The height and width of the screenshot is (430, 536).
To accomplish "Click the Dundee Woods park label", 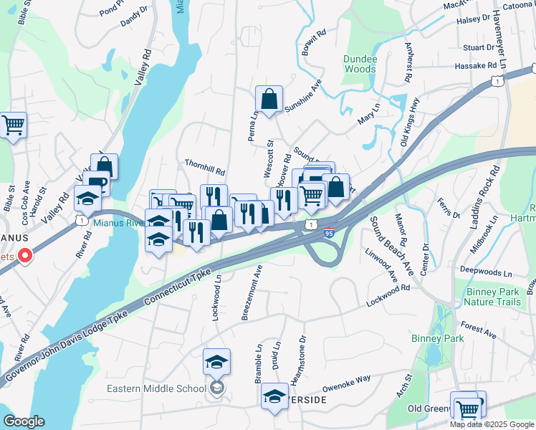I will click(x=359, y=64).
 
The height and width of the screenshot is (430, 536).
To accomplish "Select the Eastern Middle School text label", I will click(x=157, y=389).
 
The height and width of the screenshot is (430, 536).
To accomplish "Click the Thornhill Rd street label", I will click(x=205, y=172).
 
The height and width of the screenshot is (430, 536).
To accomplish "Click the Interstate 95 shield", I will click(x=329, y=233).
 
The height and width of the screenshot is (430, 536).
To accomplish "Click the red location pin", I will click(x=24, y=255).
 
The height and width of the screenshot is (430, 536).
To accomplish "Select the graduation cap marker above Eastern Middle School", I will click(x=216, y=362).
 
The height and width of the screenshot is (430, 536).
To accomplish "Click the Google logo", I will click(x=24, y=421).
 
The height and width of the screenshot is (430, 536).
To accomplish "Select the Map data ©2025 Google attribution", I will click(x=491, y=424).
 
